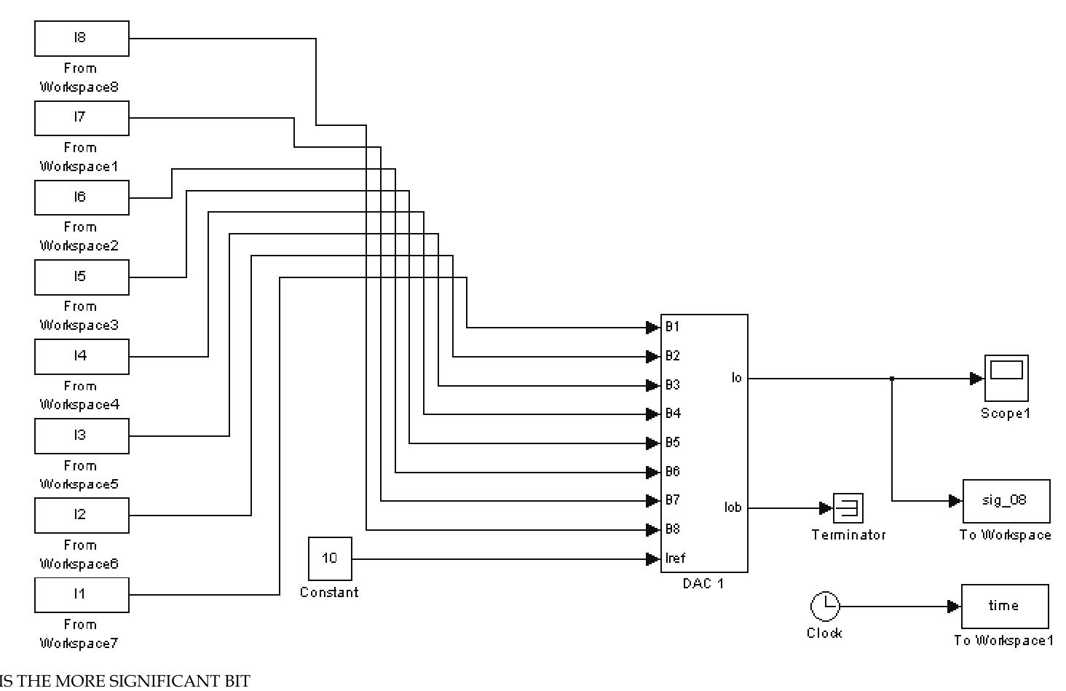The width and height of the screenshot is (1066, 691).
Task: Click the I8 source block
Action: tap(82, 39)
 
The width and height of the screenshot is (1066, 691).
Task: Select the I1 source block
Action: tap(82, 595)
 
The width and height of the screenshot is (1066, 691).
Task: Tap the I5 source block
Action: tap(82, 277)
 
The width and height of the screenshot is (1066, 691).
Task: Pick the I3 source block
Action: tap(82, 436)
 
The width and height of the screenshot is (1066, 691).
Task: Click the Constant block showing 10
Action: tap(330, 558)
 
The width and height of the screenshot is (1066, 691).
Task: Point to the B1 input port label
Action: tap(672, 327)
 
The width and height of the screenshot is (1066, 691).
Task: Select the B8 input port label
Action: tap(672, 529)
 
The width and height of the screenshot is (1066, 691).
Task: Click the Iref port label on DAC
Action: tap(675, 558)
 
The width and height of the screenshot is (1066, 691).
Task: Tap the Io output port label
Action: tap(736, 378)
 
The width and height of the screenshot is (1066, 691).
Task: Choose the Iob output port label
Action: tap(733, 508)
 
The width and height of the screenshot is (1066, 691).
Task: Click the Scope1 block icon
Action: tap(1006, 378)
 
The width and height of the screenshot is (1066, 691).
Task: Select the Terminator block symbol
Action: tap(848, 508)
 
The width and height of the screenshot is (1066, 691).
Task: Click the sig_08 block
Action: tap(1006, 501)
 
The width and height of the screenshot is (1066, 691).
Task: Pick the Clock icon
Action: tap(824, 606)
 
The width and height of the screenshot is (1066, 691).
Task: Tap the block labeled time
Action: tap(1005, 606)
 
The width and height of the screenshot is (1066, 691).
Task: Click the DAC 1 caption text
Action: tap(703, 584)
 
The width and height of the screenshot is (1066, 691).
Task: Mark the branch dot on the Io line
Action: tap(892, 379)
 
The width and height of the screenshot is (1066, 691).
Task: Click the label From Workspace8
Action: tap(79, 77)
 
